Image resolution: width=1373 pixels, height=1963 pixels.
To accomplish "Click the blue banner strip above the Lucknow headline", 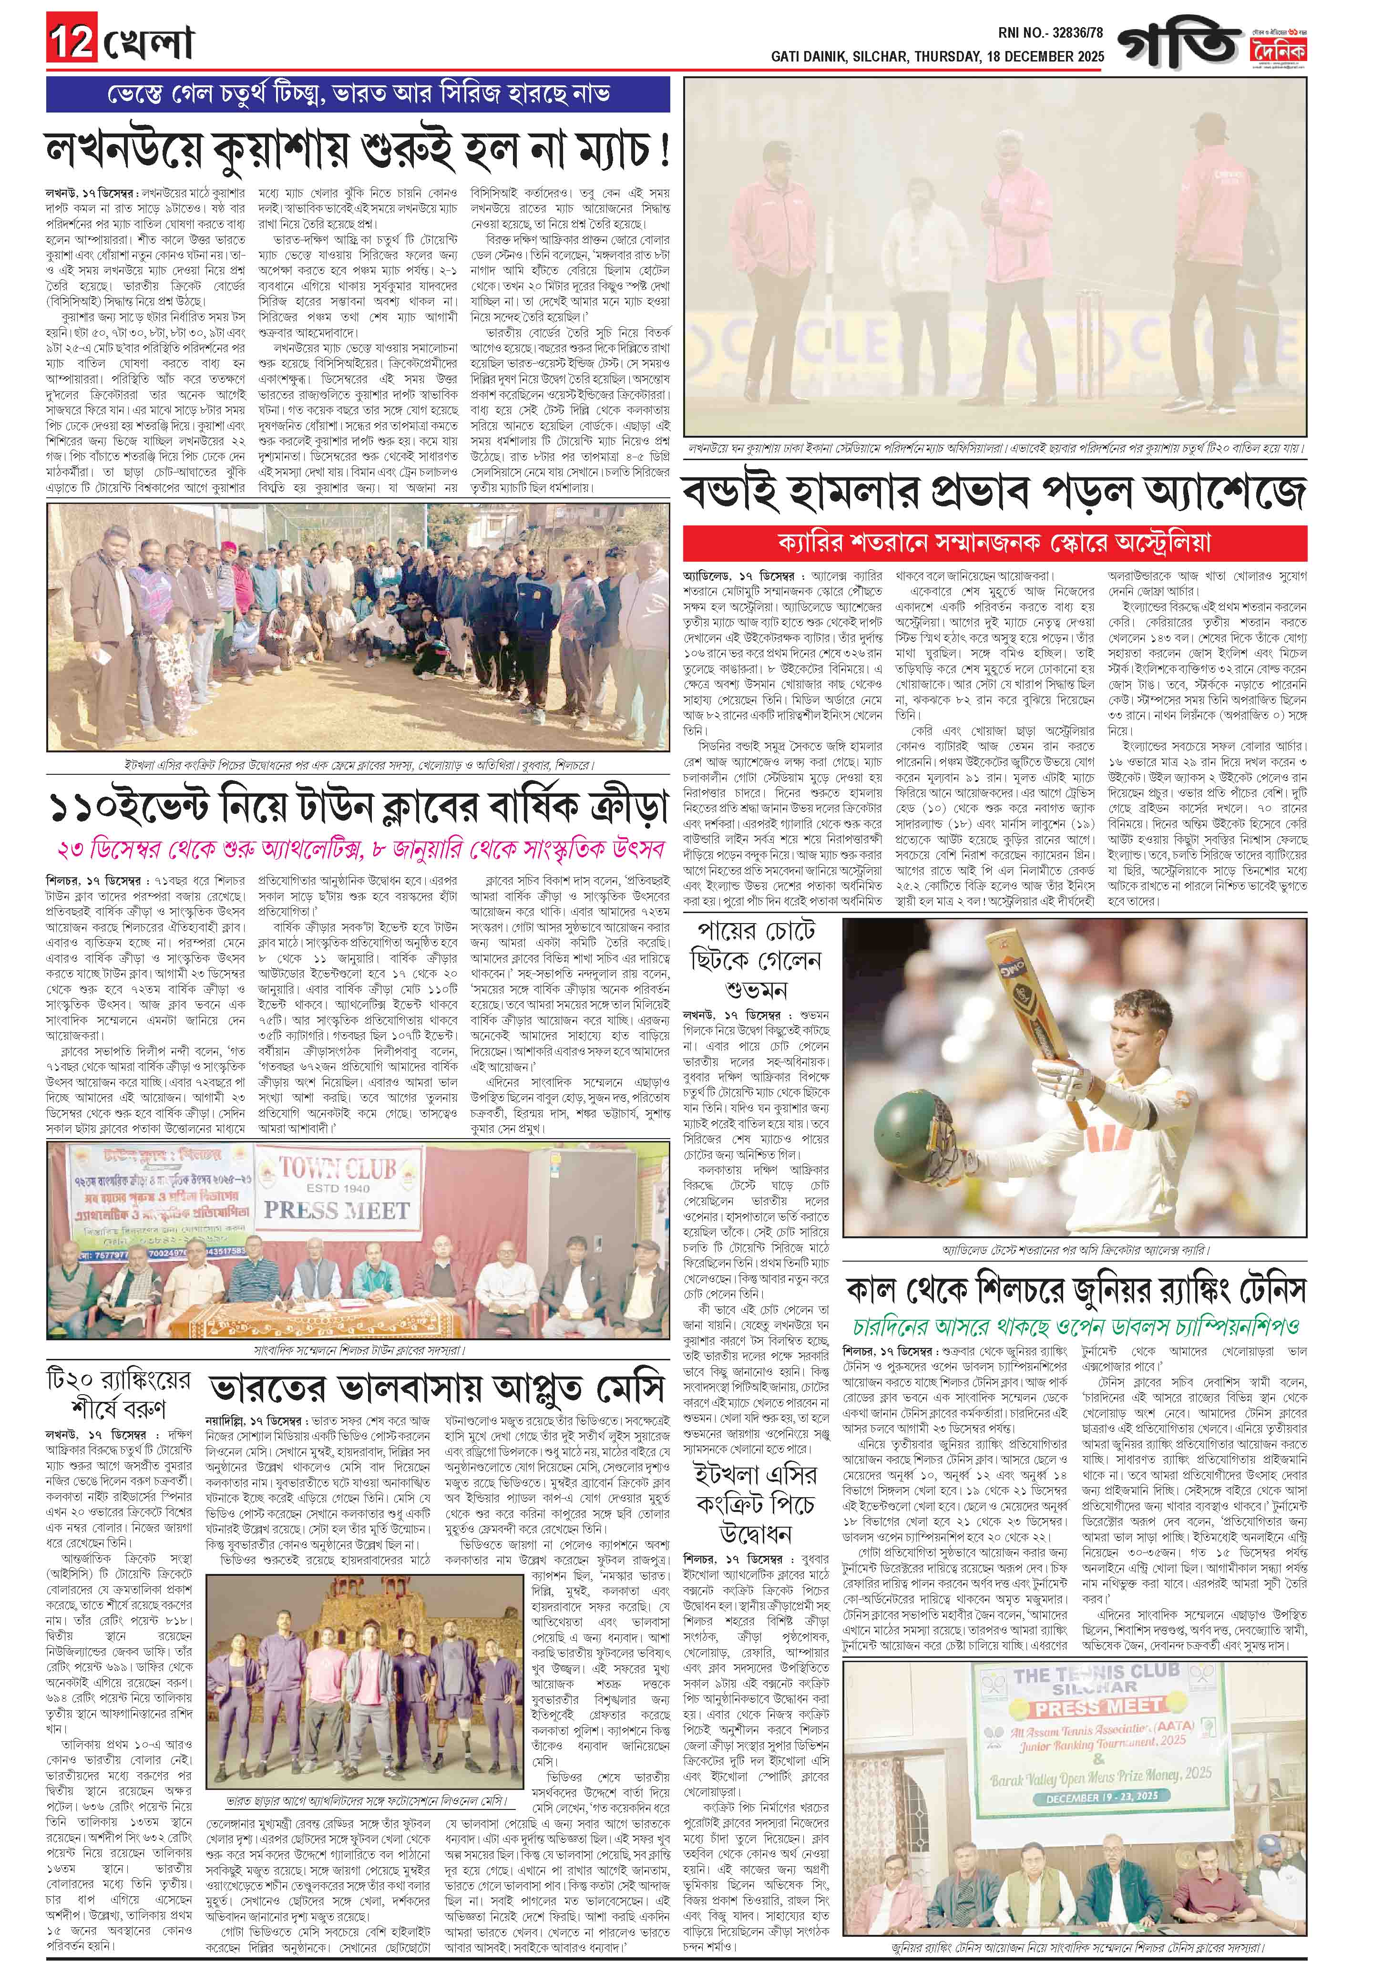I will (x=358, y=93).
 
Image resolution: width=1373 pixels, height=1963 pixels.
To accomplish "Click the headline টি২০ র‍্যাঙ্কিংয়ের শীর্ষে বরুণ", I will (x=118, y=1394).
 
